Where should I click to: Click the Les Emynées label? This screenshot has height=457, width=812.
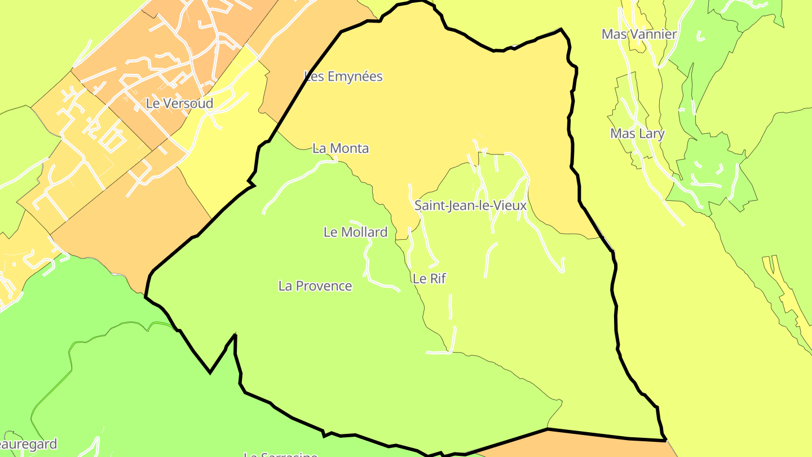343,76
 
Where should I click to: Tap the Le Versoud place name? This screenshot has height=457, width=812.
179,103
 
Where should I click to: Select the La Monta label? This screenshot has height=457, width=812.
341,148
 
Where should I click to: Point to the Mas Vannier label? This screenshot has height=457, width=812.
639,34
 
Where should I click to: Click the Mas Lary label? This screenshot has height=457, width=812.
637,134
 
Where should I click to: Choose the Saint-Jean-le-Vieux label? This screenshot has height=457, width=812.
470,205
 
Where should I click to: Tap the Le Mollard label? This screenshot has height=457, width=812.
355,232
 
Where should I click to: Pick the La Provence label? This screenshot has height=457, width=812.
315,286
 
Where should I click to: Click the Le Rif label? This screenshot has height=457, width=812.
429,278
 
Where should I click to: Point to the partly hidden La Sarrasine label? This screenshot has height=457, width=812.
280,454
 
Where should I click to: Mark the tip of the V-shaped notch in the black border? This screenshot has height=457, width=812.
210,372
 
